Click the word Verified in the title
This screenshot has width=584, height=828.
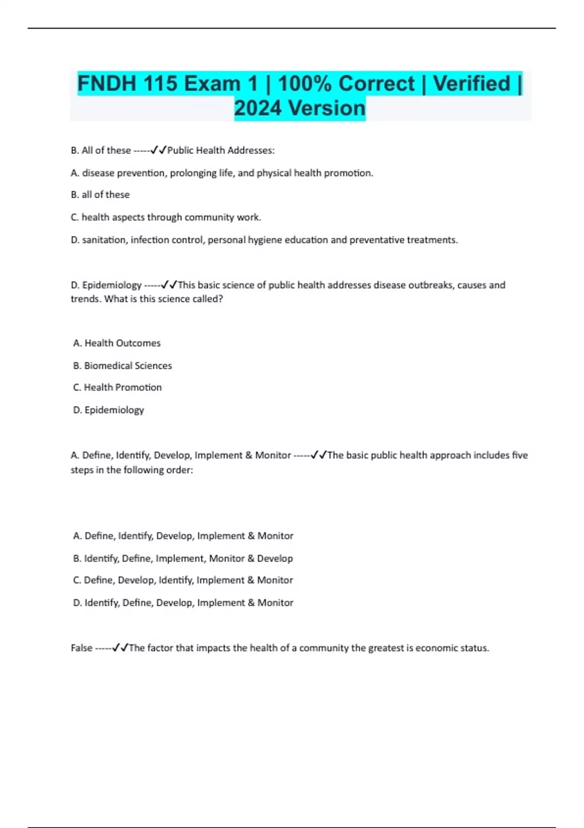pyautogui.click(x=471, y=83)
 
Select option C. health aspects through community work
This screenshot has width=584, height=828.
pyautogui.click(x=166, y=217)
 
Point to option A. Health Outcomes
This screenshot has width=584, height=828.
pyautogui.click(x=117, y=343)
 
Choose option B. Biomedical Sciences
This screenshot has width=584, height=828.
pyautogui.click(x=122, y=365)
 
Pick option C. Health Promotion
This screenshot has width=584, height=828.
pyautogui.click(x=117, y=387)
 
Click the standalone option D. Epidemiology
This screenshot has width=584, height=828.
pyautogui.click(x=109, y=410)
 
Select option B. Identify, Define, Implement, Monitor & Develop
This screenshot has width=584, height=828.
pyautogui.click(x=183, y=558)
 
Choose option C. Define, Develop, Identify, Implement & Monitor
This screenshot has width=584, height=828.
pyautogui.click(x=183, y=580)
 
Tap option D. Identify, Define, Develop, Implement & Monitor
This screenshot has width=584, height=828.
pyautogui.click(x=183, y=602)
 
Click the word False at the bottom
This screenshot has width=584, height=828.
pyautogui.click(x=81, y=648)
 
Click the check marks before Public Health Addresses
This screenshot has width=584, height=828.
pyautogui.click(x=159, y=150)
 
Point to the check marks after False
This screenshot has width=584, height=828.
pyautogui.click(x=120, y=648)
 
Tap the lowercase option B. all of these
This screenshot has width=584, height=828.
pyautogui.click(x=100, y=194)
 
